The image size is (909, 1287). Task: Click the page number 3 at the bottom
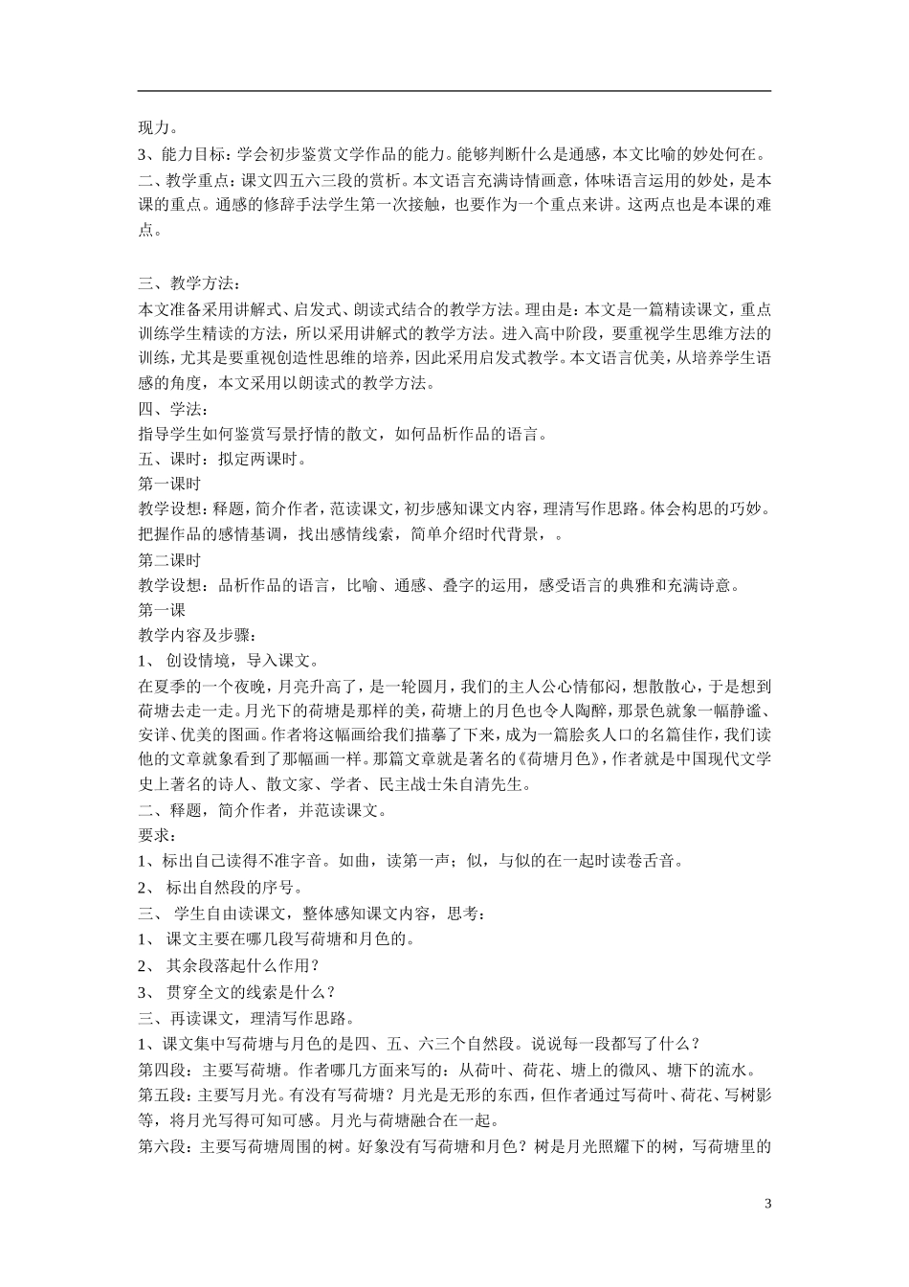[x=768, y=1203]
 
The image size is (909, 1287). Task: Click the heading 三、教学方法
[x=184, y=282]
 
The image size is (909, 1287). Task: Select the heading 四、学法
[x=166, y=409]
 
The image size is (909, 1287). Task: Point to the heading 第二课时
[x=169, y=559]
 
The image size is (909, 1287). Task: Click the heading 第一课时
[x=169, y=484]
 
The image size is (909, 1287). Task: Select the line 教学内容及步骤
[x=197, y=634]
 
